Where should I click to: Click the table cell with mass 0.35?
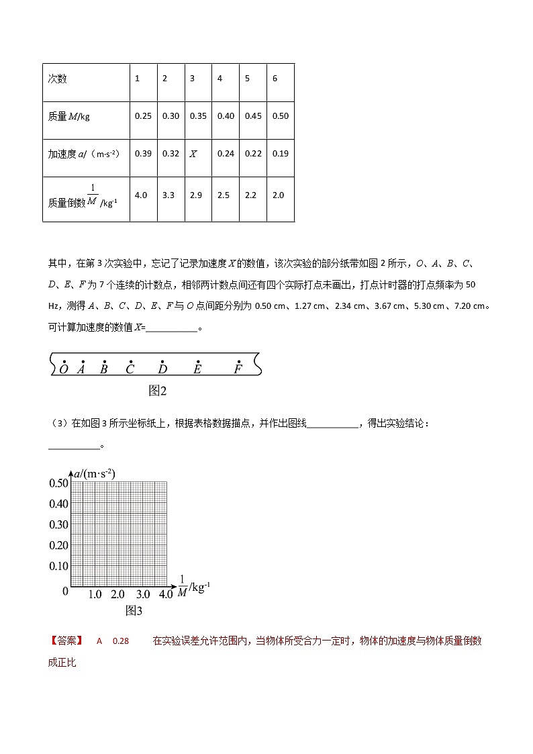click(198, 116)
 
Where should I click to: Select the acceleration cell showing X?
click(193, 154)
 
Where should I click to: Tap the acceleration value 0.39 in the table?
click(143, 154)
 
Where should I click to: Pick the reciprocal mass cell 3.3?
click(171, 195)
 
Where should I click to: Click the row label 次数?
click(58, 79)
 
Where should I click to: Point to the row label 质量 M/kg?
click(69, 116)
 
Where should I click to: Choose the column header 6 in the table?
click(275, 79)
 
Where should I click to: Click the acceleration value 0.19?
click(281, 154)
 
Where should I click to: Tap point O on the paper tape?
click(64, 368)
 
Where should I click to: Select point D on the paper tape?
click(162, 368)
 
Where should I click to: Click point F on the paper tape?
click(238, 368)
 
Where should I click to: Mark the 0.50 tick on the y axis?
click(59, 483)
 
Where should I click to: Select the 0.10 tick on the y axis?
click(59, 566)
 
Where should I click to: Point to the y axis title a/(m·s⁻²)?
click(95, 473)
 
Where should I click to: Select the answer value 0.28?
click(121, 641)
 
